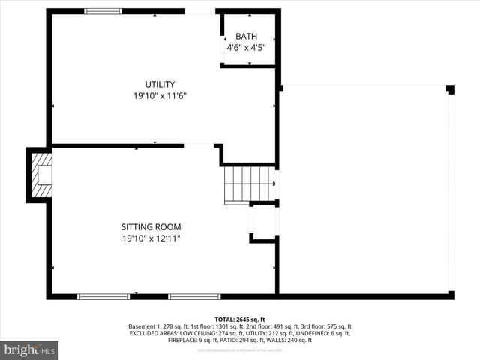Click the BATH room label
(246, 37)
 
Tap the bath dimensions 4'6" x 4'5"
(246, 48)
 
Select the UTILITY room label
(160, 84)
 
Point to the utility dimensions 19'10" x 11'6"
(160, 95)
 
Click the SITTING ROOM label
(151, 227)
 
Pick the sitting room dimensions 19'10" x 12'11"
(151, 238)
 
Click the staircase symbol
(249, 184)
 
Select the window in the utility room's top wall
(103, 11)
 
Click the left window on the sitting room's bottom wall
(103, 296)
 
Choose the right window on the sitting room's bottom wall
(194, 296)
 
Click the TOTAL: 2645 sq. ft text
(240, 319)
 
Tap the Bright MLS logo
(30, 349)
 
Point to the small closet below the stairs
(262, 222)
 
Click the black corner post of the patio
(450, 89)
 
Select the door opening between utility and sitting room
(199, 145)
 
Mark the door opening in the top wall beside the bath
(200, 11)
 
